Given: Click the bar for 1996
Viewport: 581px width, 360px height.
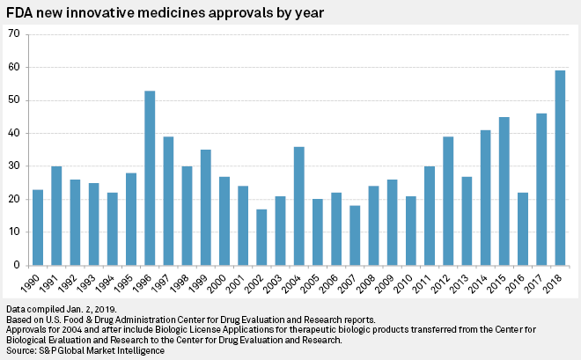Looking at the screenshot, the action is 150,178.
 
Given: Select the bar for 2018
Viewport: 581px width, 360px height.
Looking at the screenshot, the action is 560,168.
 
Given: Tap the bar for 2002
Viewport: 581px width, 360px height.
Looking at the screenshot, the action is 261,238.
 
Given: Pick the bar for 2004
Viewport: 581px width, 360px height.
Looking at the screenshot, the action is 299,206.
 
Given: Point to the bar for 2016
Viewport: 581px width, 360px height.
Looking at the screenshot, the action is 523,229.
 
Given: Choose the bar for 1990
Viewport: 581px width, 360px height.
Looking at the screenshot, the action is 38,228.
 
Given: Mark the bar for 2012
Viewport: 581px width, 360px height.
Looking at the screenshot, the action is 448,201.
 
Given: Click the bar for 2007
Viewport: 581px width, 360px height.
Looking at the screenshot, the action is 355,236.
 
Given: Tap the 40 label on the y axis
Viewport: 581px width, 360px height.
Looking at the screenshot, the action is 14,133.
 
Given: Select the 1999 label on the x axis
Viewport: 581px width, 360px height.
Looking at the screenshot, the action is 198,283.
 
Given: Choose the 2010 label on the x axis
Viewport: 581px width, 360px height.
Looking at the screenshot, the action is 403,283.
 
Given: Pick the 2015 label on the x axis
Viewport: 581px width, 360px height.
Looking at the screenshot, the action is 496,283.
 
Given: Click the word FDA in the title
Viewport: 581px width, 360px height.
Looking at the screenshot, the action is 18,13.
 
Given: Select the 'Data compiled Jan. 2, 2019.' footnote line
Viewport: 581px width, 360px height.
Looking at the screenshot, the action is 62,309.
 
